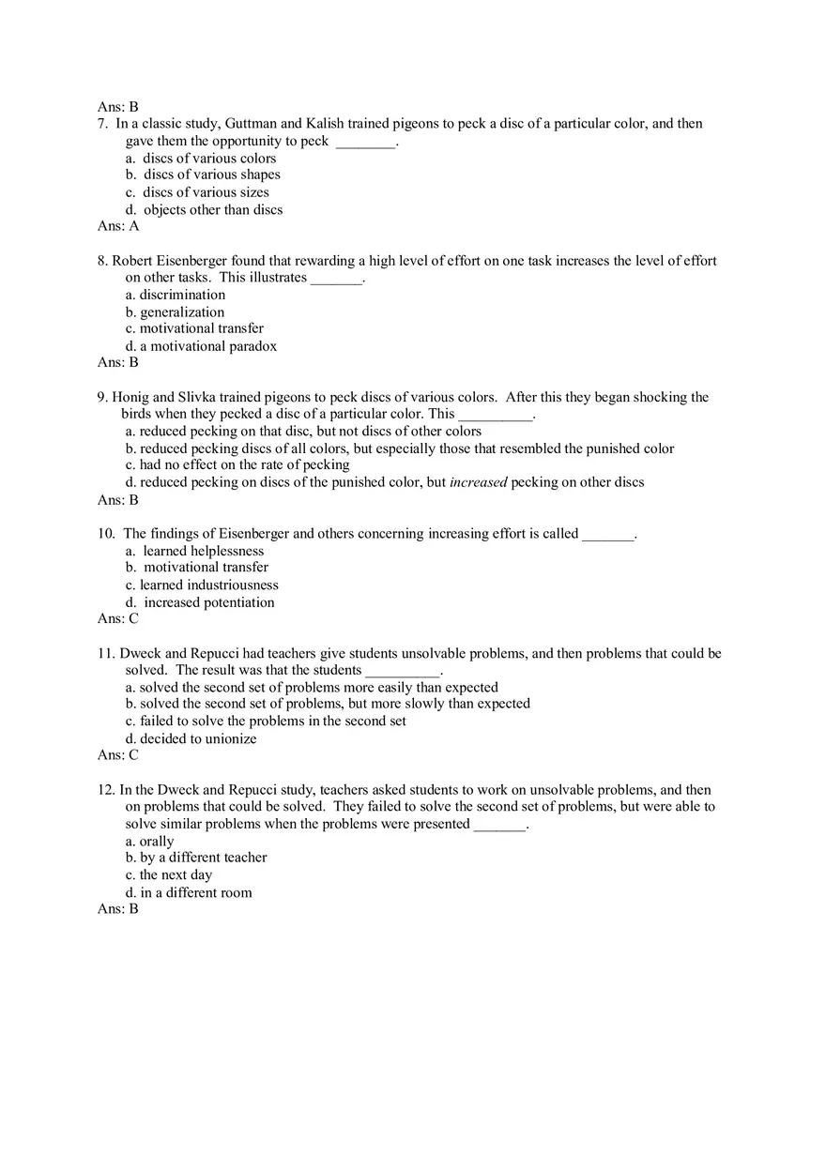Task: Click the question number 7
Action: point(102,124)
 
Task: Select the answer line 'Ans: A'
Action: point(118,226)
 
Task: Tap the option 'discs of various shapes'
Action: point(211,175)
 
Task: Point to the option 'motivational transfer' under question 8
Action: point(201,328)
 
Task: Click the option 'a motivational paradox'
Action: point(208,346)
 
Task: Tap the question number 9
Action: point(102,397)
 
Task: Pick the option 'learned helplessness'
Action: point(203,551)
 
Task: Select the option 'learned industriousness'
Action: point(208,585)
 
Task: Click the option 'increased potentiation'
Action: point(208,602)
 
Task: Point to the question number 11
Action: point(106,653)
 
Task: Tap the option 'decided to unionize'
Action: point(198,738)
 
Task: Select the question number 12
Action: point(106,790)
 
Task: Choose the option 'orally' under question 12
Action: point(157,842)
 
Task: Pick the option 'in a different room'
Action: point(196,892)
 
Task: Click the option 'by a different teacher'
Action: point(203,858)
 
